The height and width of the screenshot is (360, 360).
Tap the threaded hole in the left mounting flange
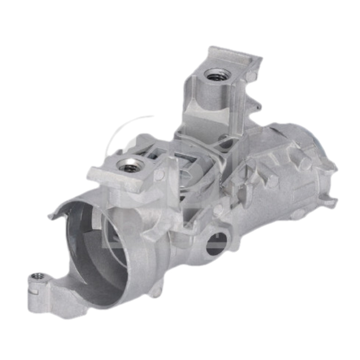coord(130,166)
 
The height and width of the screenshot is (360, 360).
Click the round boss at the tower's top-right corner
coord(250,76)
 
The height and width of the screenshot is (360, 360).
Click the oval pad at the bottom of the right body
coord(297,213)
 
